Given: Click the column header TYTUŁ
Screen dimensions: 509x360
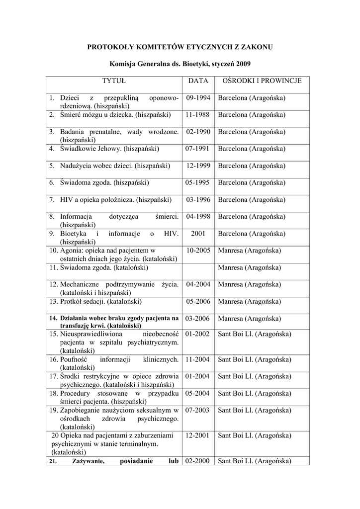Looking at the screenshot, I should (114, 81).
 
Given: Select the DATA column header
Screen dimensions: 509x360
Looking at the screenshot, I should (198, 81).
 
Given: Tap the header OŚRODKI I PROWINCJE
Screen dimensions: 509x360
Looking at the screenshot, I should (262, 81).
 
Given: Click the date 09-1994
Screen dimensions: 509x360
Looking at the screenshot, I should (198, 98).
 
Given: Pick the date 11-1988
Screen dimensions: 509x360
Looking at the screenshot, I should (198, 115).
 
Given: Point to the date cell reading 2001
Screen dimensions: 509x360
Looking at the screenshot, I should (198, 234).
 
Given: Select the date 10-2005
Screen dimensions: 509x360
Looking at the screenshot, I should (198, 251).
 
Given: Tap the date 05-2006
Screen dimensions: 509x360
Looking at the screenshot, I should (198, 301).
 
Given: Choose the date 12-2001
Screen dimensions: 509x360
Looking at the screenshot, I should (198, 435).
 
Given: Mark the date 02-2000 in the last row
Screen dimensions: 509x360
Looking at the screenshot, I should (198, 461).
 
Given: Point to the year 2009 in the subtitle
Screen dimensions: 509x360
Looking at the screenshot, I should (243, 64).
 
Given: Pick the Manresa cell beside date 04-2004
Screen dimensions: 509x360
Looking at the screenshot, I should (249, 284).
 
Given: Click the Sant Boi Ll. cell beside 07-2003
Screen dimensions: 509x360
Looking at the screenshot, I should (255, 411).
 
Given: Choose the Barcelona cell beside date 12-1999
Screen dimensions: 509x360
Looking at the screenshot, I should (252, 166).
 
